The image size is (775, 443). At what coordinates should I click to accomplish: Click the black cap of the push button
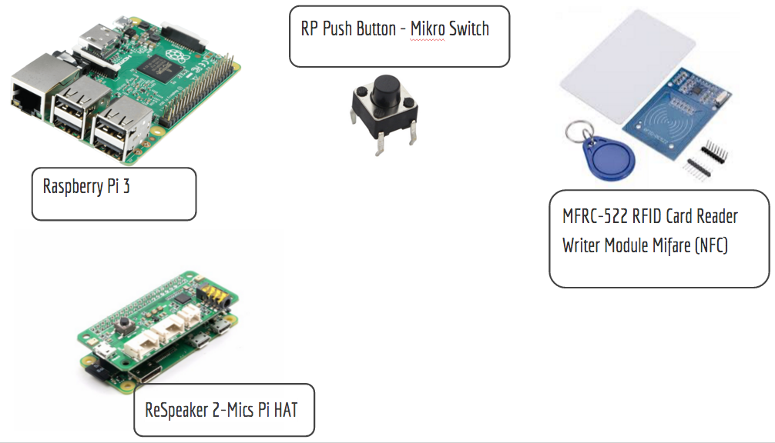point(384,93)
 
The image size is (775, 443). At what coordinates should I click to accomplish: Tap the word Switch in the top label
point(468,30)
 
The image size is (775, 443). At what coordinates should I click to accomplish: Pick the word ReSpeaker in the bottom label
point(176,410)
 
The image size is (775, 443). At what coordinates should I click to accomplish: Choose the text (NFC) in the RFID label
point(710,246)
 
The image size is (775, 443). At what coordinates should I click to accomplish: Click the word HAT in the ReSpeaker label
point(282,410)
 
